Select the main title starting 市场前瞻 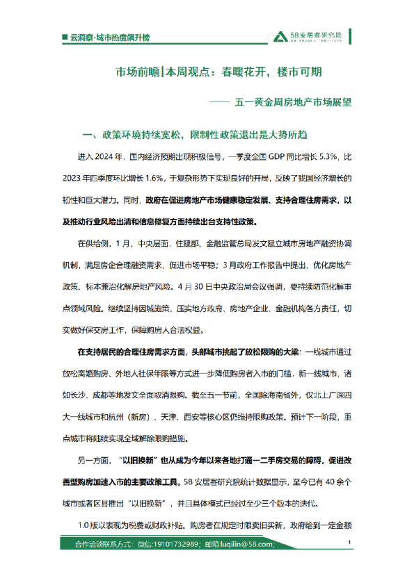pyautogui.click(x=218, y=72)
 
